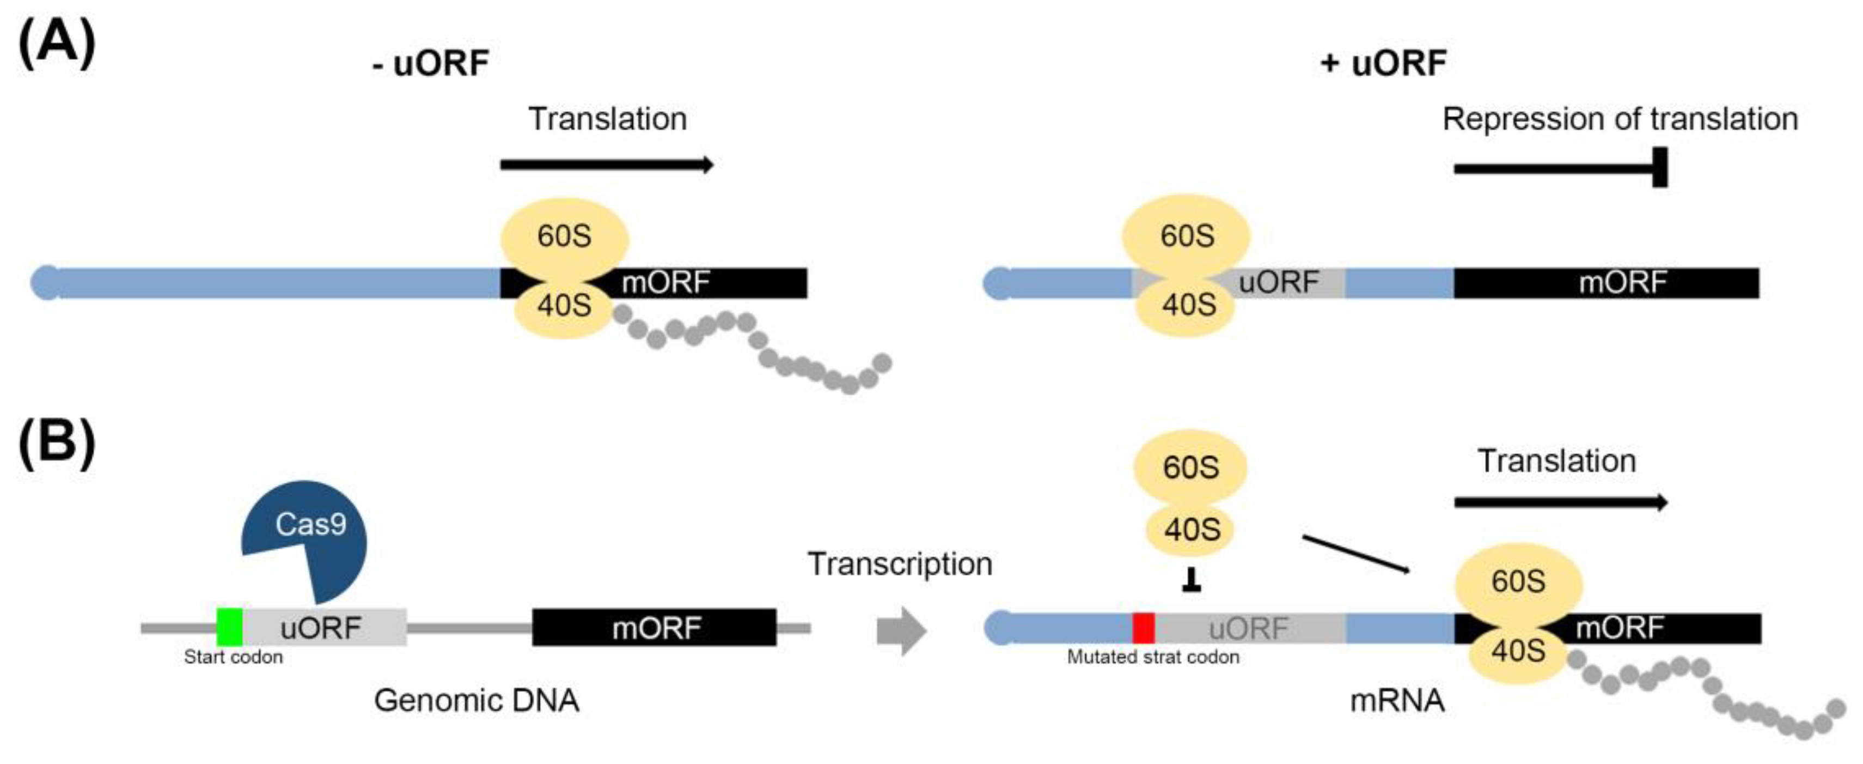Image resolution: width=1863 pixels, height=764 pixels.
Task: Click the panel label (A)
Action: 57,44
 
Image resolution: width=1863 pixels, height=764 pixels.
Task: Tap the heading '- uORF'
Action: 431,64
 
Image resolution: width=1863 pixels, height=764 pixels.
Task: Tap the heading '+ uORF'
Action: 1383,64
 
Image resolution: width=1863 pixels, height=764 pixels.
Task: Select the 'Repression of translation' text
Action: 1620,119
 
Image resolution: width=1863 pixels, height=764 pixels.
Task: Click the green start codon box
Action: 230,627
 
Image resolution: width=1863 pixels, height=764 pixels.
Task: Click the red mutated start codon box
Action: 1144,627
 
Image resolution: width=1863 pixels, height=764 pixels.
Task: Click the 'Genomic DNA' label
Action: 477,700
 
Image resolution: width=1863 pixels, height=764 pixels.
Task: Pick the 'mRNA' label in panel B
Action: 1397,700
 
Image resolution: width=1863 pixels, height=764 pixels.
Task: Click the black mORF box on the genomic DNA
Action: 655,627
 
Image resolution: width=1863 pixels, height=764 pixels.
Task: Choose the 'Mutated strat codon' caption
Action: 1153,657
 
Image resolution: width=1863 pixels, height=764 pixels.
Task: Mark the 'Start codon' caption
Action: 233,657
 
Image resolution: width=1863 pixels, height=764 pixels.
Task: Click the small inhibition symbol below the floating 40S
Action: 1191,580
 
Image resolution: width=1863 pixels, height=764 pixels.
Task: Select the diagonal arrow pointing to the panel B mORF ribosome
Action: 1356,554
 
